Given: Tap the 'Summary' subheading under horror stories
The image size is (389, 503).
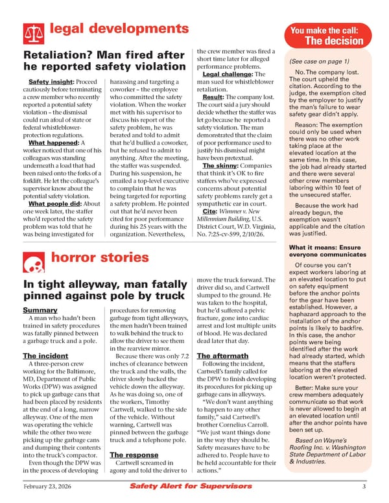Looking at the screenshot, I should coord(39,310).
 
